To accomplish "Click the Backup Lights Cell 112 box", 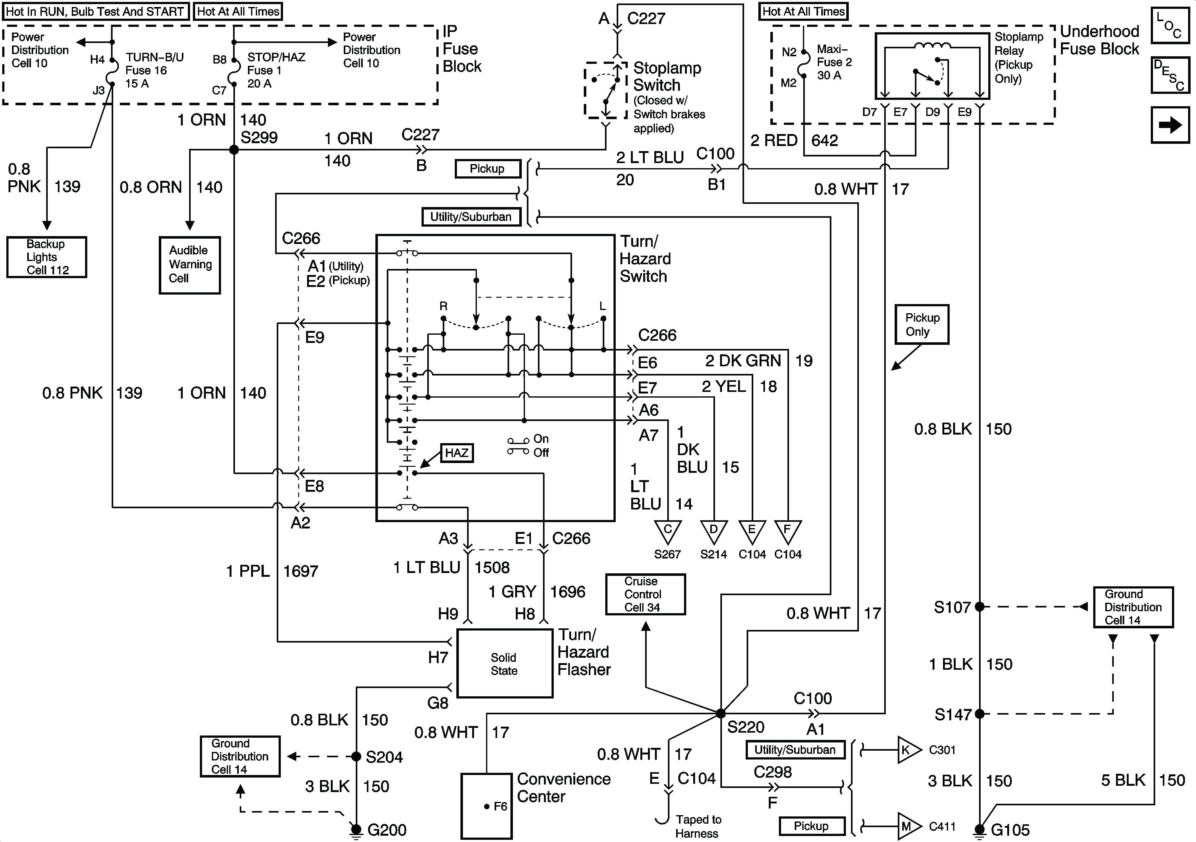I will [46, 257].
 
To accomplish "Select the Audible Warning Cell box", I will [190, 265].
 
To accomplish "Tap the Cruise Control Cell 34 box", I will [645, 594].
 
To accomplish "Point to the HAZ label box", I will [456, 453].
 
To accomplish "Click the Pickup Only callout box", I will [922, 324].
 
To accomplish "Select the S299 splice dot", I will [234, 150].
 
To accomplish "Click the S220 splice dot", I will [720, 713].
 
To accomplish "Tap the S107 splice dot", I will [979, 607].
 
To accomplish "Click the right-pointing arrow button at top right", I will [1170, 125].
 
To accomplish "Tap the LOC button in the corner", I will [1170, 25].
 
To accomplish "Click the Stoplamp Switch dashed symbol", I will [605, 90].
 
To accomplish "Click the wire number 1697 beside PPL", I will [300, 571].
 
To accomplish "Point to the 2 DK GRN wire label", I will [743, 360].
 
